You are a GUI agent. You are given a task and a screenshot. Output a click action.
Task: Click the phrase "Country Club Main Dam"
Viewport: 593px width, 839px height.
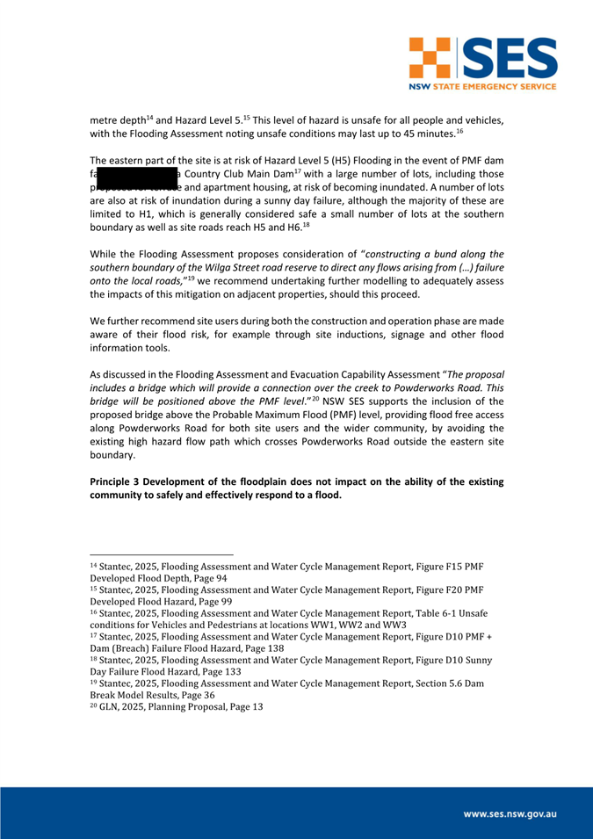[x=238, y=174]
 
